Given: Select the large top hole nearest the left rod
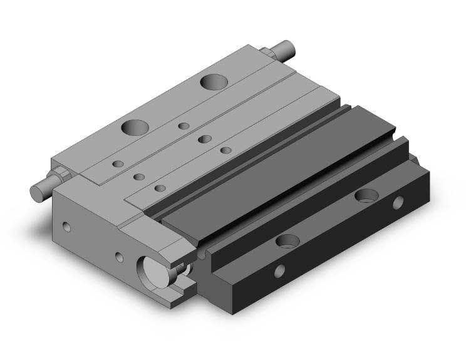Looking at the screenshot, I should coord(135,128).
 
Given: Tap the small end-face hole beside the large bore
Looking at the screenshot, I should coord(119,256).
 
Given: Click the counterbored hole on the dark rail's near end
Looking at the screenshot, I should coord(287,241).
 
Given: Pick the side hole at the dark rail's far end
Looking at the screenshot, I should coord(398,203).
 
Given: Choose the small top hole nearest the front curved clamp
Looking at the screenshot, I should coord(160,188).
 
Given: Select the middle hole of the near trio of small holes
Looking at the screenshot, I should coord(139,176).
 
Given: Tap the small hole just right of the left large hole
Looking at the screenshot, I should coord(184,126).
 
